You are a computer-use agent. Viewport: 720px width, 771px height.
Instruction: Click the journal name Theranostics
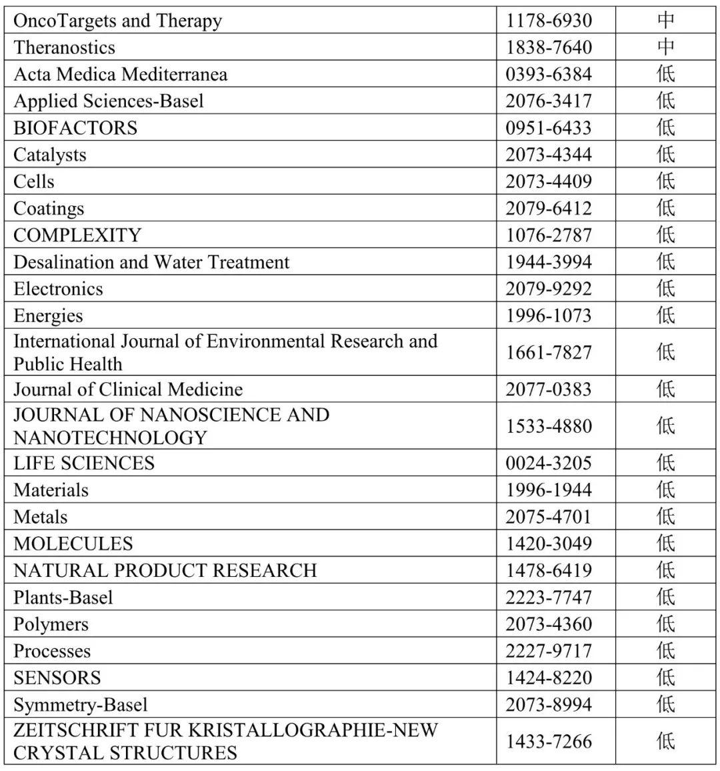(x=64, y=47)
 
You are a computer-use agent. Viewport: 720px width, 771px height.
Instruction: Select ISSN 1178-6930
(x=548, y=21)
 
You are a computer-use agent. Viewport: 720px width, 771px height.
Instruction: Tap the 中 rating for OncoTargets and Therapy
(x=665, y=21)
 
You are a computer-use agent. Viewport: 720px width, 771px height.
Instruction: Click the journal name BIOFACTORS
(x=75, y=127)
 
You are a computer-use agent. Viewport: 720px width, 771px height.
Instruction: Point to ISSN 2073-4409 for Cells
(x=548, y=181)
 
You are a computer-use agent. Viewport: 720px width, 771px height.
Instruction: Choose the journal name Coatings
(x=49, y=208)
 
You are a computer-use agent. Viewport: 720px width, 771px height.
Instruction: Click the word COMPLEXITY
(x=77, y=235)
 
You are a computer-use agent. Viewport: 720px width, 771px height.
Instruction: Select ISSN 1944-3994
(x=548, y=262)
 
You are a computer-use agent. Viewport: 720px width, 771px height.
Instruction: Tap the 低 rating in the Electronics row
(x=665, y=289)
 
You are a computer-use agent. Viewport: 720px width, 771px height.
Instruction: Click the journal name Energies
(x=48, y=315)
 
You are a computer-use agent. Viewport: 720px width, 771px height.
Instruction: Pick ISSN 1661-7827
(x=548, y=352)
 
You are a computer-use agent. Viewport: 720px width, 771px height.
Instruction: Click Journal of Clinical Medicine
(x=128, y=389)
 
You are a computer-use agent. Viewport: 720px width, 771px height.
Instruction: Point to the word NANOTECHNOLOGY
(x=110, y=438)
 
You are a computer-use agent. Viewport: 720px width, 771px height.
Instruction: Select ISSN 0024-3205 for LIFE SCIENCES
(x=548, y=463)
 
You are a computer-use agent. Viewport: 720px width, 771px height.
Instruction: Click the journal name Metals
(x=40, y=517)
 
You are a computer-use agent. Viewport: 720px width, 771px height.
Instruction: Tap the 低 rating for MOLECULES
(x=665, y=544)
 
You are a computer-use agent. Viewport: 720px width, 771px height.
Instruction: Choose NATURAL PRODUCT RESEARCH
(x=165, y=570)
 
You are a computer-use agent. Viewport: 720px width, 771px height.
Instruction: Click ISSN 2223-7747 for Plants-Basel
(x=548, y=597)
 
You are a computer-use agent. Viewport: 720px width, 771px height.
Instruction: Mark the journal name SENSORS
(x=57, y=678)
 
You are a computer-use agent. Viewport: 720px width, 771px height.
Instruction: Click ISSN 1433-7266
(x=548, y=741)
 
